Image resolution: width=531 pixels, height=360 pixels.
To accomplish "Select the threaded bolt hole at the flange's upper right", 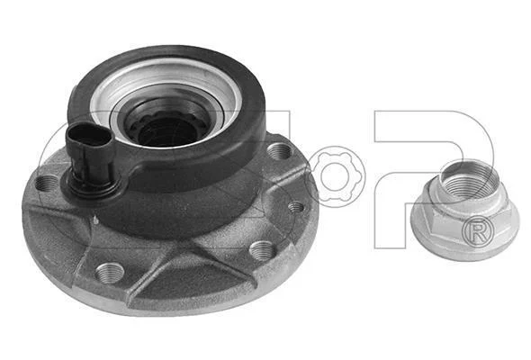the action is click(x=279, y=151).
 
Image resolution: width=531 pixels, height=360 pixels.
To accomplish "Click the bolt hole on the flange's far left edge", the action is click(x=46, y=184).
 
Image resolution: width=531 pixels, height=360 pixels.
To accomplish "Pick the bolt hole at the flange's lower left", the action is click(x=110, y=273).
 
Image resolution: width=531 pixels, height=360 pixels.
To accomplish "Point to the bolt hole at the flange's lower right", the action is click(x=263, y=251).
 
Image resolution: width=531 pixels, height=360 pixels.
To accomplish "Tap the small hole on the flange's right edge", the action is click(x=295, y=206).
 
